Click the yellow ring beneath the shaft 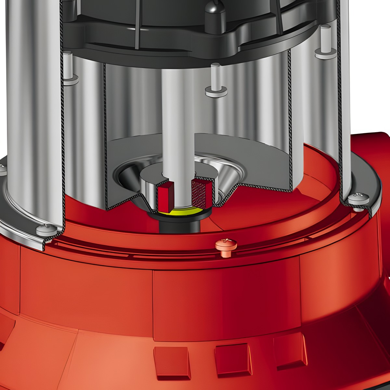177,213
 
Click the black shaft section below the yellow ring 177,224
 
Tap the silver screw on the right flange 357,199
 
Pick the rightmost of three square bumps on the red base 289,351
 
